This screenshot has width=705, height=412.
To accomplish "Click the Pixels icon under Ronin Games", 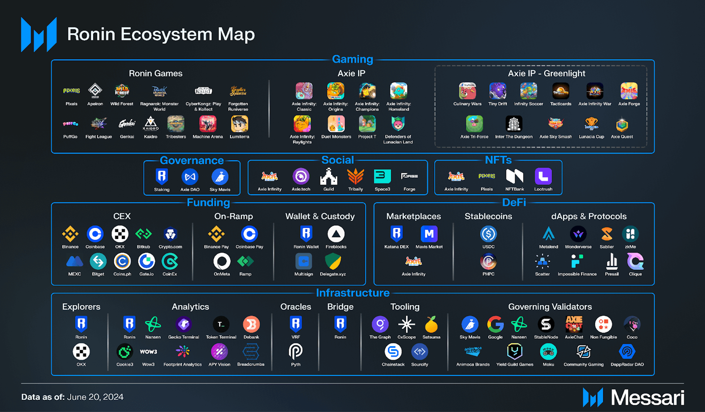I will [x=71, y=90].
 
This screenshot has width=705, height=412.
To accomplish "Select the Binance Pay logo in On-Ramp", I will [x=216, y=234].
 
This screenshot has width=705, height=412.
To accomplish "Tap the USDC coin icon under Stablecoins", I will [x=488, y=234].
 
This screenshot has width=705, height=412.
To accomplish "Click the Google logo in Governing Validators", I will [x=495, y=324].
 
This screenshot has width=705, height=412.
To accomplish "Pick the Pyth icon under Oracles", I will [x=296, y=351].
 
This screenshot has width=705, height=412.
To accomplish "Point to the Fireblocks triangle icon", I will [x=336, y=234].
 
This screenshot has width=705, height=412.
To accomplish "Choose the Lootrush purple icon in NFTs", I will [x=543, y=176].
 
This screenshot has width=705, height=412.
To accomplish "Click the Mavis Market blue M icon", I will [x=429, y=234].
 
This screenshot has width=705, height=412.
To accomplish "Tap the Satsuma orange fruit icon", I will [x=431, y=324].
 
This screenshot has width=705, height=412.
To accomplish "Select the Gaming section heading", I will [x=352, y=59].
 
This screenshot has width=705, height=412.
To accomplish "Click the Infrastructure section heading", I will [x=352, y=293].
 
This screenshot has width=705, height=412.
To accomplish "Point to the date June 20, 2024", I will [x=95, y=397].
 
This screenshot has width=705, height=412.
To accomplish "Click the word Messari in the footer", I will [x=647, y=398].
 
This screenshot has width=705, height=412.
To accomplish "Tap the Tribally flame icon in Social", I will [x=355, y=176].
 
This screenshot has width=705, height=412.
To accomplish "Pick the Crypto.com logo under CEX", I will [x=170, y=234].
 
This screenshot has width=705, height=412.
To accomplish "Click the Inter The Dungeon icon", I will [x=513, y=124].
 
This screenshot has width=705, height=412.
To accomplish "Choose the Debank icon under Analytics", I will [x=251, y=324].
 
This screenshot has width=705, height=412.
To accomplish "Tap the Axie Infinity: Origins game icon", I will [x=335, y=91].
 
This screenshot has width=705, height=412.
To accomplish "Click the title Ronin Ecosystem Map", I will [x=161, y=34].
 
